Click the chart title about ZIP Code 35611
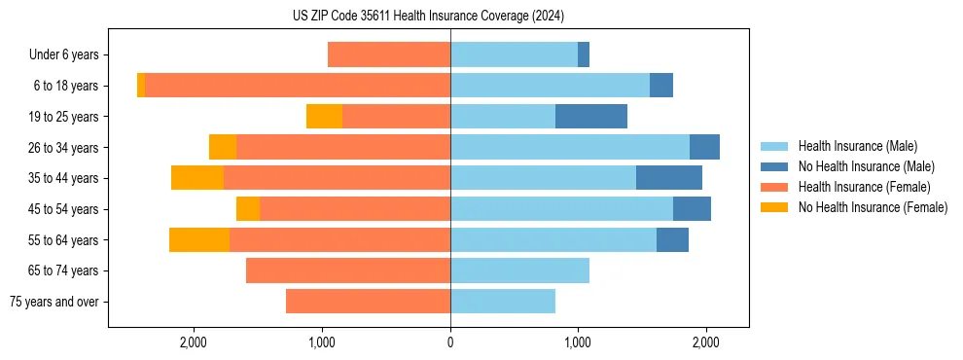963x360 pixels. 428,17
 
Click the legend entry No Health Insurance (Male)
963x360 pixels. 866,166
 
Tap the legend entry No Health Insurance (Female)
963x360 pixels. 872,207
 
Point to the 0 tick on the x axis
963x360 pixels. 450,342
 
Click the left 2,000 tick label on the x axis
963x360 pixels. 194,342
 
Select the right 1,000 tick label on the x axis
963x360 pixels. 578,342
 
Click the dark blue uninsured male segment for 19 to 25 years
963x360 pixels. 591,117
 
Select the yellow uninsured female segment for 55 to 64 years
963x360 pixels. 199,240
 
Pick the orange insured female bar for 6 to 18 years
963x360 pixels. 298,86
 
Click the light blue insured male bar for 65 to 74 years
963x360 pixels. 519,270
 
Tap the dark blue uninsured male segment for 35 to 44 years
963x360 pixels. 669,178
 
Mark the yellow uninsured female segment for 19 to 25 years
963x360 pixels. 324,117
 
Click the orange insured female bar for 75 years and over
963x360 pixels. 368,302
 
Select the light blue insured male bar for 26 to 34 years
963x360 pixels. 570,147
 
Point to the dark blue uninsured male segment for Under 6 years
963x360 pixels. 584,55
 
